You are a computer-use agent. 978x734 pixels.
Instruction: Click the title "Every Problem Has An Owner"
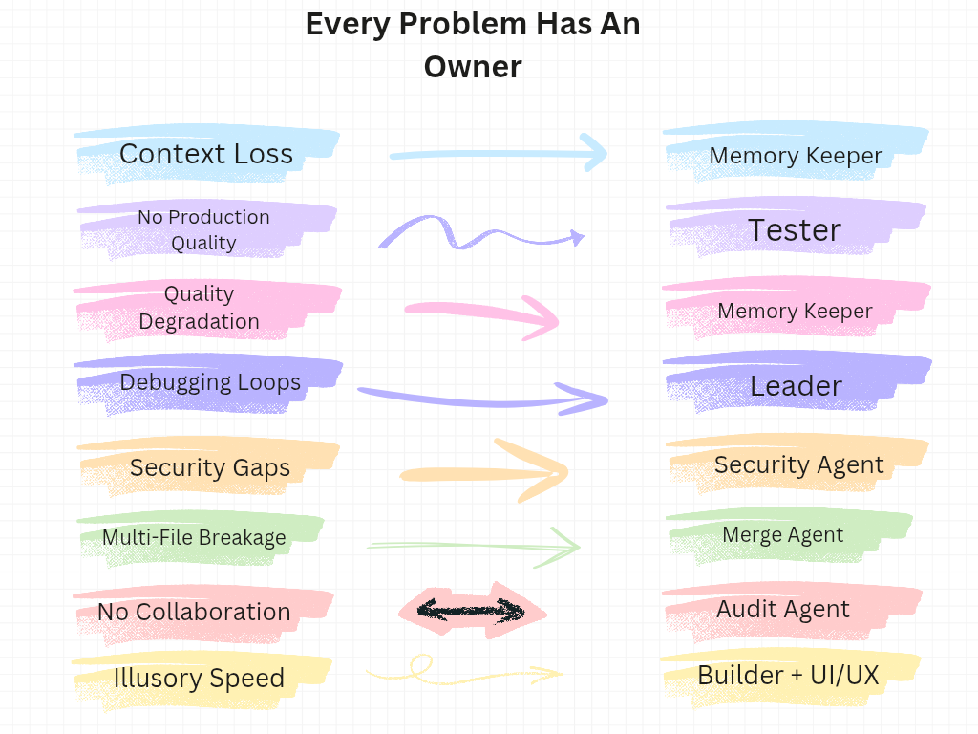[473, 45]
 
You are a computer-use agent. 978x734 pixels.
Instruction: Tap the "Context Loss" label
[206, 154]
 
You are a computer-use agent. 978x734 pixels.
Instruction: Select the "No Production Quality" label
[203, 229]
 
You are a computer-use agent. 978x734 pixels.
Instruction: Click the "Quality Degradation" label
[199, 308]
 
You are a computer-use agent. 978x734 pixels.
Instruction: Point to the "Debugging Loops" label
[210, 383]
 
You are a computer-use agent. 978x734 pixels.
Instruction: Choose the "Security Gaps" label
[210, 467]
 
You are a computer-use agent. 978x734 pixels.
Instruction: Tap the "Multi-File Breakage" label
[194, 537]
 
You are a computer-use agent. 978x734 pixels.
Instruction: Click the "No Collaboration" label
[194, 612]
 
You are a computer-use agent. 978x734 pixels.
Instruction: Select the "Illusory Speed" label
[199, 678]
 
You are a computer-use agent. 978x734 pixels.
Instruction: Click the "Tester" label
[794, 229]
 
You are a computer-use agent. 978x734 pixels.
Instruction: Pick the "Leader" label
[796, 385]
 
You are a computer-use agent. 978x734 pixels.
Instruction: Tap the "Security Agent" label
[798, 465]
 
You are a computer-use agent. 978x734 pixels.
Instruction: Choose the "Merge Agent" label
[783, 534]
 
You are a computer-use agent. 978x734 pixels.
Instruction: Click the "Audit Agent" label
[783, 610]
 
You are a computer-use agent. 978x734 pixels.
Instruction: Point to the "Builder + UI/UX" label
[788, 675]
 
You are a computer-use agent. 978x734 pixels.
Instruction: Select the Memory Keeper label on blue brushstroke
[796, 156]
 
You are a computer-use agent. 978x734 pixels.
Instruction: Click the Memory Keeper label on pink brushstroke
[795, 311]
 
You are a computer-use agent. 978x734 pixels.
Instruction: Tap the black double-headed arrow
[472, 610]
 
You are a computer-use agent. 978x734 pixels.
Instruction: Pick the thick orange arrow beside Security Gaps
[487, 472]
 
